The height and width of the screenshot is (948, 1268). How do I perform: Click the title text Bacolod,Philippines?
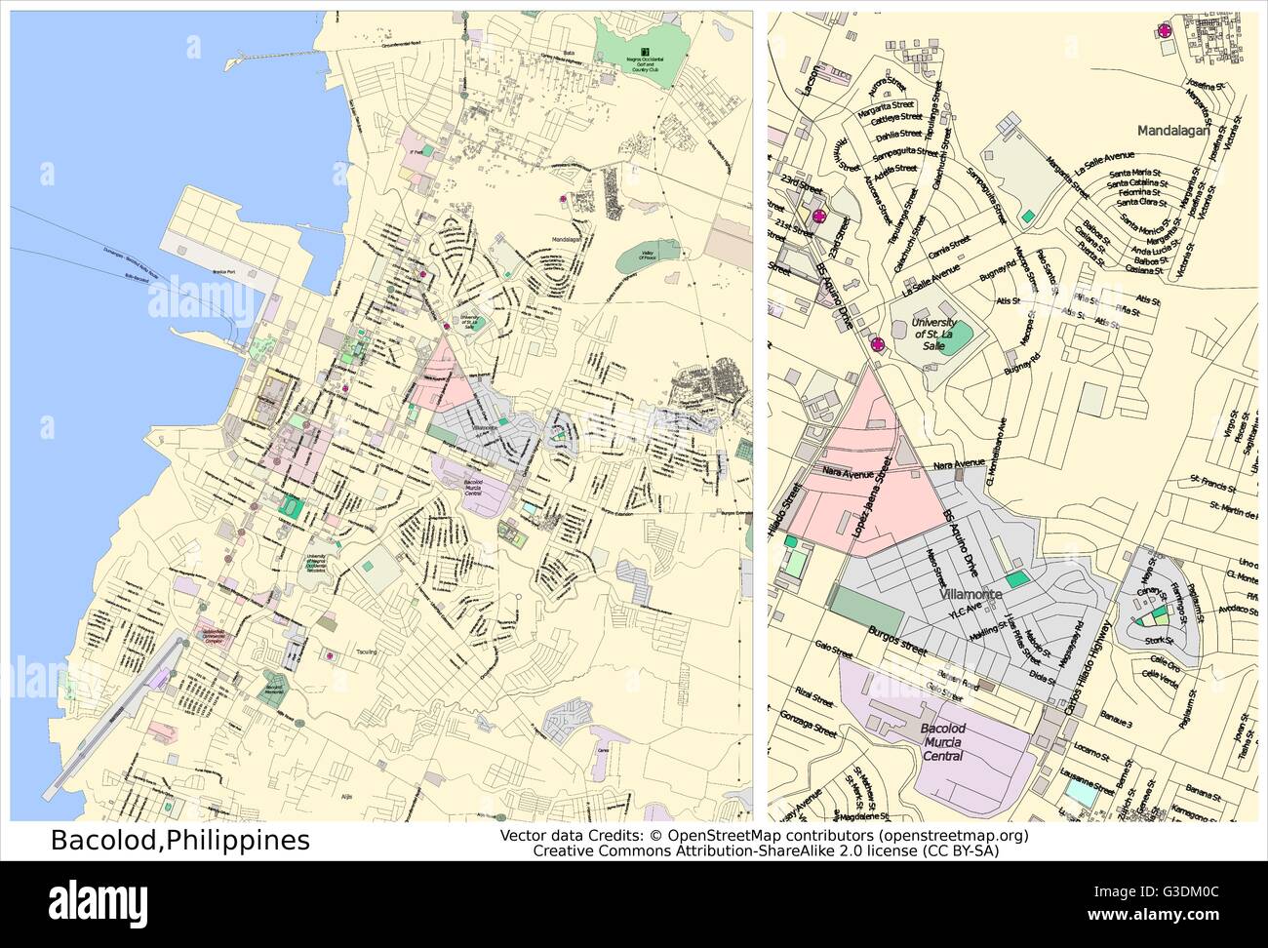[x=179, y=840]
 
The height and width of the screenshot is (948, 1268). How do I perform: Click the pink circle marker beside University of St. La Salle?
[x=877, y=343]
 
